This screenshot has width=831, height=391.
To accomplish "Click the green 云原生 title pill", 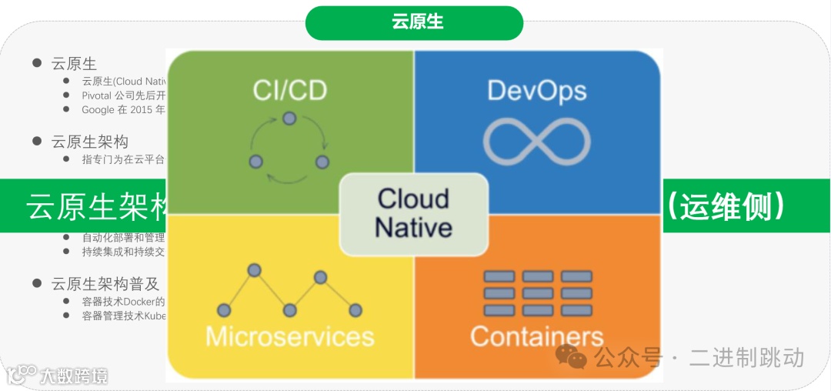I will pyautogui.click(x=415, y=22).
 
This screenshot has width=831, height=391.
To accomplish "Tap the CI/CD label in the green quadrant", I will pyautogui.click(x=289, y=90).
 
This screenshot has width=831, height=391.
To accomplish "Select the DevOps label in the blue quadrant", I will pyautogui.click(x=537, y=90).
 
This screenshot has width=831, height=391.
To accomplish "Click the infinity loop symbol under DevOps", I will pyautogui.click(x=537, y=143).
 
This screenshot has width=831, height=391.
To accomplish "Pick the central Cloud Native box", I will pyautogui.click(x=414, y=213).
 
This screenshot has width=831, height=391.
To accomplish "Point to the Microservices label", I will pyautogui.click(x=289, y=336).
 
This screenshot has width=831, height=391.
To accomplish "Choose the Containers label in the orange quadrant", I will pyautogui.click(x=537, y=336).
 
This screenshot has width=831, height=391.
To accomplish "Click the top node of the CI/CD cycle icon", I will pyautogui.click(x=289, y=119).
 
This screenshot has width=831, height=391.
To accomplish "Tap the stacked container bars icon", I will pyautogui.click(x=537, y=292).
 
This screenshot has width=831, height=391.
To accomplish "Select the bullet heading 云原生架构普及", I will pyautogui.click(x=105, y=283).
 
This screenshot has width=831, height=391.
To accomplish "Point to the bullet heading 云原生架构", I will pyautogui.click(x=90, y=142).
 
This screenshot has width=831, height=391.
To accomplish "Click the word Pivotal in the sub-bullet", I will pyautogui.click(x=97, y=95).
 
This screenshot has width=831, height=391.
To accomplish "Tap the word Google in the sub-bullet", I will pyautogui.click(x=97, y=109).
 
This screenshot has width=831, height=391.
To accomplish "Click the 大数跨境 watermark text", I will pyautogui.click(x=74, y=376).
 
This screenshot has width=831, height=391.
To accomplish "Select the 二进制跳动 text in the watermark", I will pyautogui.click(x=746, y=357).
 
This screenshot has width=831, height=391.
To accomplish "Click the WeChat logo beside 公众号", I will pyautogui.click(x=572, y=356).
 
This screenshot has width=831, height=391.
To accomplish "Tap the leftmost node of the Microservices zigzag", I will pyautogui.click(x=224, y=310).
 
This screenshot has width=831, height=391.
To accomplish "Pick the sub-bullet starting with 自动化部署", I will pyautogui.click(x=123, y=238).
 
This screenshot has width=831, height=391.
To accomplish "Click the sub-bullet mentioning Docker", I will pyautogui.click(x=123, y=302).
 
